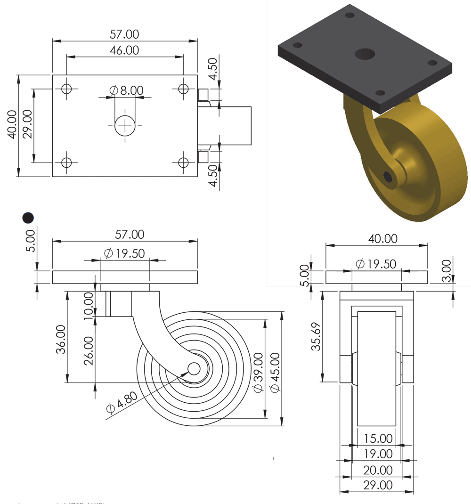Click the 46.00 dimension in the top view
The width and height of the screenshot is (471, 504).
point(124,50)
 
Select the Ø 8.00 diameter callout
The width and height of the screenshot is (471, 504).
point(126,90)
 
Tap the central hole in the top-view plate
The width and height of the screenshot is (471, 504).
point(125,126)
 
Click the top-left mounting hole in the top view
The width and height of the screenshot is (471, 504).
point(66,89)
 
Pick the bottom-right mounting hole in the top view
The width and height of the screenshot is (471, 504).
point(183,163)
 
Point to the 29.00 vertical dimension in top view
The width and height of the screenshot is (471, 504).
point(28,124)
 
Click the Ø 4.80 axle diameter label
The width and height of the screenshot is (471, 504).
point(122,402)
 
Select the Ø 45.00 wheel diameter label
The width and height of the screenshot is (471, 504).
point(275,373)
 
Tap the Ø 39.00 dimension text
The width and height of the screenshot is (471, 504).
point(258,373)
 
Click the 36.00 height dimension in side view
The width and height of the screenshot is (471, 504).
point(61,339)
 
